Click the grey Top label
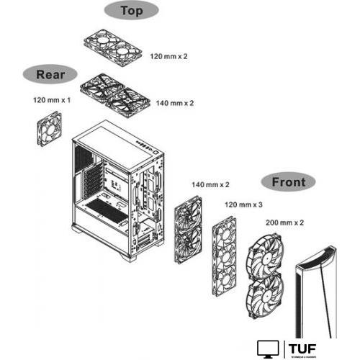[x=131, y=11]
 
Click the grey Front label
[x=288, y=182]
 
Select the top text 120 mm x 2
[x=169, y=55]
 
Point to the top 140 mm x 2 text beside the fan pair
[x=175, y=104]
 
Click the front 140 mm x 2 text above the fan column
[x=210, y=184]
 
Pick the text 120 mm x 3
[x=243, y=204]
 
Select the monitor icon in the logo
[x=269, y=349]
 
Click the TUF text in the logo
[x=302, y=348]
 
